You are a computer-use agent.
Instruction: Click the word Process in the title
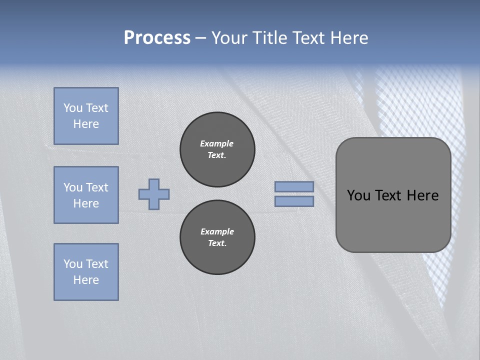coord(157,38)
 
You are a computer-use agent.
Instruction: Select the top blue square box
coord(86,116)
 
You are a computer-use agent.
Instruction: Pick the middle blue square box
coord(86,195)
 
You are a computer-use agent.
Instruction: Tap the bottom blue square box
coord(86,272)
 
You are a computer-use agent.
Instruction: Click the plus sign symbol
coord(154,194)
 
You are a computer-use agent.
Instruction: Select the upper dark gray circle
coord(217,149)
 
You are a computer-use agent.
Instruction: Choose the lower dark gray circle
coord(217,237)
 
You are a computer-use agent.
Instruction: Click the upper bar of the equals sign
coord(294,186)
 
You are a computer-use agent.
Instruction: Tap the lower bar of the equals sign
coord(294,201)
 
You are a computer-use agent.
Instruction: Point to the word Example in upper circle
coord(216,143)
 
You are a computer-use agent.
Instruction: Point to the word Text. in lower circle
coord(217,243)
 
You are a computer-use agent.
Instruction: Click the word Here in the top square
coord(86,124)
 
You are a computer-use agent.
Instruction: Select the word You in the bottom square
coord(73,263)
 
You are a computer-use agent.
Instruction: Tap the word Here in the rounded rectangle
coord(422,195)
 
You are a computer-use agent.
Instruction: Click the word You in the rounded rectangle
coord(358,195)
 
